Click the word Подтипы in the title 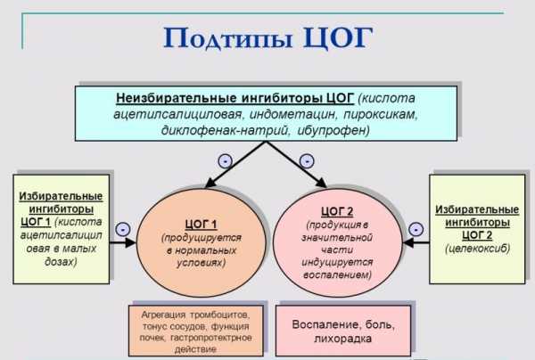pyautogui.click(x=228, y=38)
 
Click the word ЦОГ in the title pyautogui.click(x=337, y=37)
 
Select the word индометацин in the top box pyautogui.click(x=292, y=114)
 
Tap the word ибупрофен pyautogui.click(x=333, y=131)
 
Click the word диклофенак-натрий pyautogui.click(x=225, y=131)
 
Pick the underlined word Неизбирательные pyautogui.click(x=176, y=98)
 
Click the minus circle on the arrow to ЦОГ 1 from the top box pyautogui.click(x=226, y=160)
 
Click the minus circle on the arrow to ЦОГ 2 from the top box pyautogui.click(x=307, y=160)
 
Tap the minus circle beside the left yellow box pyautogui.click(x=123, y=229)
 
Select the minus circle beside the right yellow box pyautogui.click(x=416, y=229)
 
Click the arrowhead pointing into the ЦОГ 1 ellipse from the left pyautogui.click(x=131, y=242)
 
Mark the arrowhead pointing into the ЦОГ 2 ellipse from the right pyautogui.click(x=408, y=242)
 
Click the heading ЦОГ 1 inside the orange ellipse pyautogui.click(x=201, y=225)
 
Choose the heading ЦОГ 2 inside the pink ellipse pyautogui.click(x=337, y=212)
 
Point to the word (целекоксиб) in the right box pyautogui.click(x=477, y=249)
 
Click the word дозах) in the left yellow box pyautogui.click(x=61, y=261)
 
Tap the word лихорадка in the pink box pyautogui.click(x=342, y=339)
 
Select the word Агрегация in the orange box pyautogui.click(x=163, y=315)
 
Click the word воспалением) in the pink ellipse pyautogui.click(x=337, y=274)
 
